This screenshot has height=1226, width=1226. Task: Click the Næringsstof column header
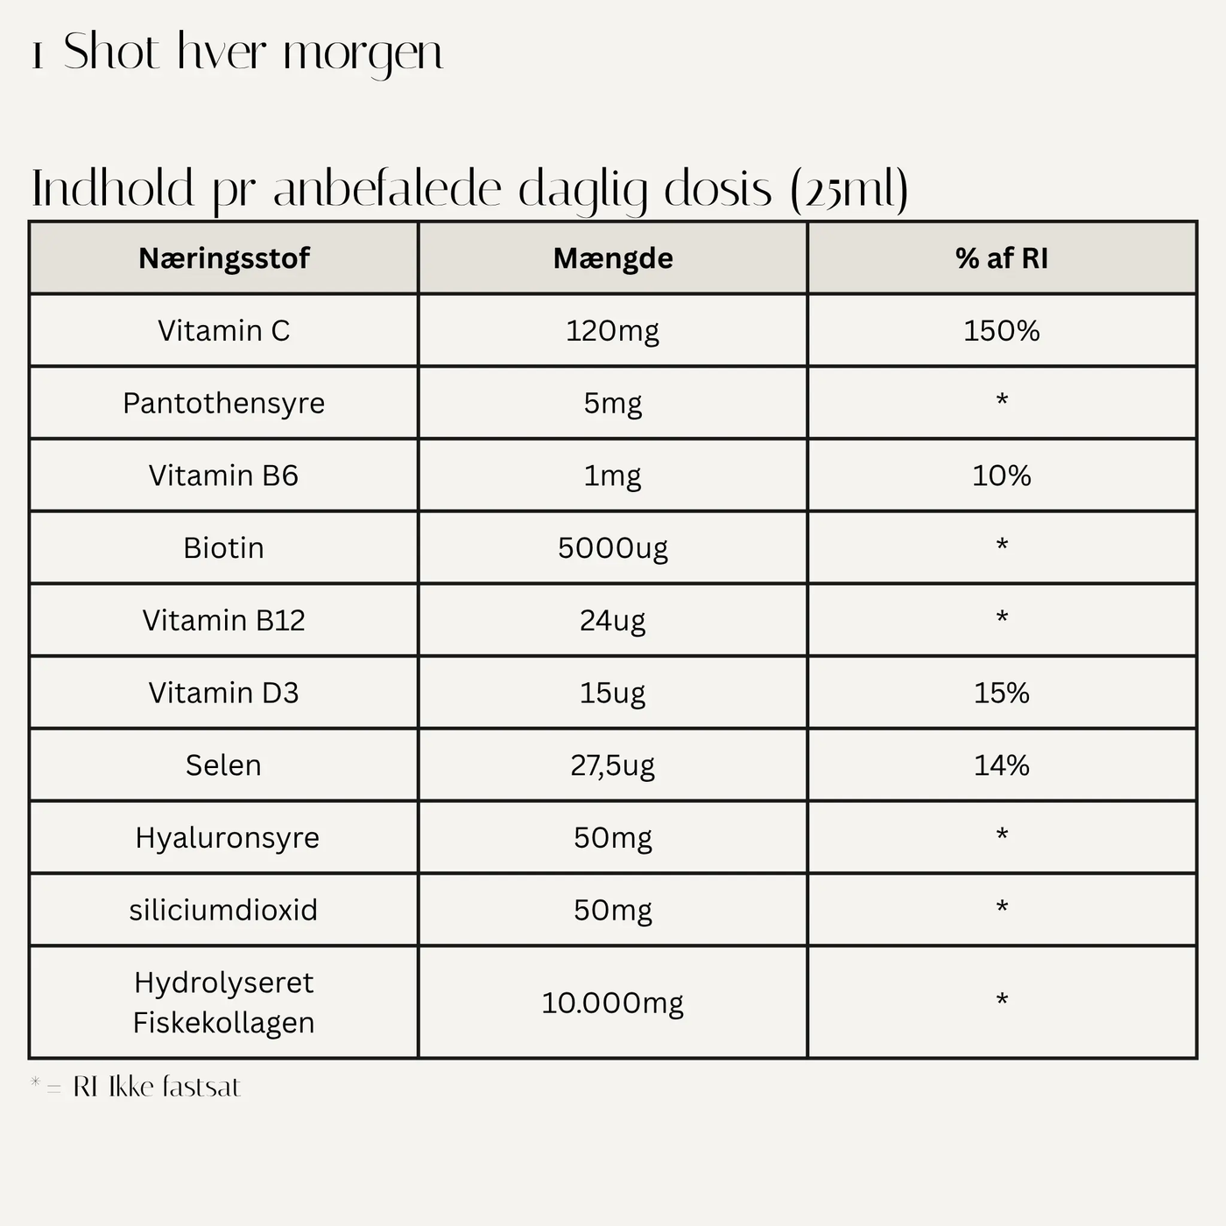[x=224, y=258]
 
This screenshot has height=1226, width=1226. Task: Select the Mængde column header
[x=613, y=258]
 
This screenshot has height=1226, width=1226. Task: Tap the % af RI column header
[x=1002, y=258]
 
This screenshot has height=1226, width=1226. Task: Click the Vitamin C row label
[x=224, y=331]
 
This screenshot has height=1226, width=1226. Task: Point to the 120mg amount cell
[x=613, y=331]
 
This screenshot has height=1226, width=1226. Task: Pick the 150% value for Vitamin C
[x=1002, y=331]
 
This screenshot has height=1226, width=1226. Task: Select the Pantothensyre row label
[x=224, y=403]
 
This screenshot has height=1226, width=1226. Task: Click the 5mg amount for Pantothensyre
[x=613, y=403]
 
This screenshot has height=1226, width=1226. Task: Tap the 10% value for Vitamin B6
[x=1002, y=476]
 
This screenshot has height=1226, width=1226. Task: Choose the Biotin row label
[x=224, y=548]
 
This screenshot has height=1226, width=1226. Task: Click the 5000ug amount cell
[x=613, y=548]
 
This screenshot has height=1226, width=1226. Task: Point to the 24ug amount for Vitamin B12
[x=613, y=620]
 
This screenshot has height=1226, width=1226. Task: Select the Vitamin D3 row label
[x=224, y=693]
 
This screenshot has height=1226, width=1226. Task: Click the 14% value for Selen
[x=1002, y=765]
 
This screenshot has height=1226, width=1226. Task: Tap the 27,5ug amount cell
[x=613, y=765]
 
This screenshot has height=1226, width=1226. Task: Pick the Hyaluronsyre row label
[x=228, y=837]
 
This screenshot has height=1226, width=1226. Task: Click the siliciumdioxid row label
[x=224, y=910]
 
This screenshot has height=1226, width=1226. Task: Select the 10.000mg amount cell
[x=613, y=1003]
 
